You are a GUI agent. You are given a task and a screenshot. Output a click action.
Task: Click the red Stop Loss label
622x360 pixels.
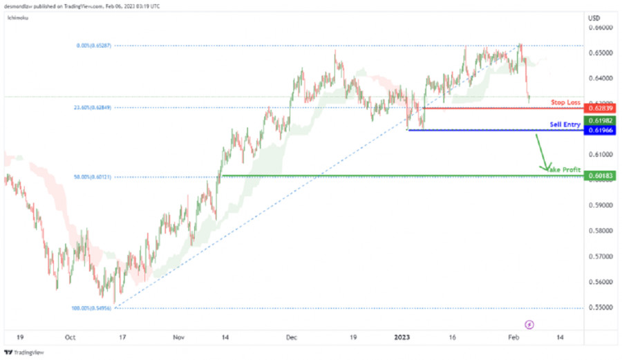click(565, 102)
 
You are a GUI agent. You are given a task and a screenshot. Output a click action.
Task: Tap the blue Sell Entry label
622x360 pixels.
click(565, 124)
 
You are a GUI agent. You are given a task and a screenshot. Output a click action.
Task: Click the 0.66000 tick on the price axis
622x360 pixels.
click(601, 28)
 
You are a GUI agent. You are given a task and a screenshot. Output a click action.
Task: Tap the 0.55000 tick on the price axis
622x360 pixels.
click(601, 307)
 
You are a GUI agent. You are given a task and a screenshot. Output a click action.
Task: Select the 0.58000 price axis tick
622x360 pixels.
click(601, 231)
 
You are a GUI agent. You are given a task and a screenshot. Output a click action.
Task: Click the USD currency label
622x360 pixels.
click(594, 17)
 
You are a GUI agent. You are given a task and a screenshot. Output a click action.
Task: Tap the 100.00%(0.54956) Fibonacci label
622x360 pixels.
click(93, 308)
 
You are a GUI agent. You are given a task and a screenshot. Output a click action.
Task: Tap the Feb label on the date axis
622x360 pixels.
click(513, 338)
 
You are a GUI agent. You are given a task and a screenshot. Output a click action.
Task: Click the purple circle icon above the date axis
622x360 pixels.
click(529, 323)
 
